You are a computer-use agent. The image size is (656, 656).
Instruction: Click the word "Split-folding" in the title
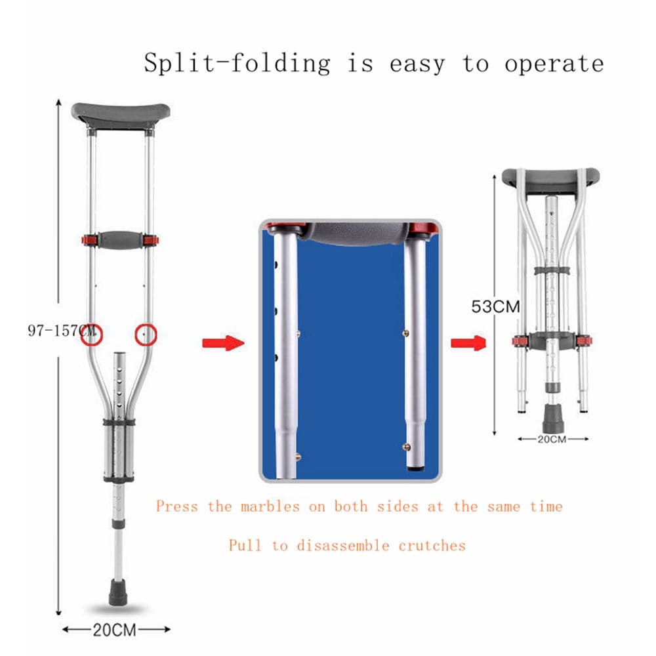tap(237, 64)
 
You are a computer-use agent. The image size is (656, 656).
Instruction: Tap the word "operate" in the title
tap(554, 64)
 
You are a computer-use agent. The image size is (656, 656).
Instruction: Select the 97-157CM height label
tap(62, 331)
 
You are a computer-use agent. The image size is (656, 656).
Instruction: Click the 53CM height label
tap(495, 306)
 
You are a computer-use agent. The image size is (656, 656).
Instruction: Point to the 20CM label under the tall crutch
tap(114, 630)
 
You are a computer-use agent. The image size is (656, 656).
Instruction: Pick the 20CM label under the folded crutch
tap(552, 440)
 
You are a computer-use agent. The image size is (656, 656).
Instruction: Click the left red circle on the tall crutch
tap(92, 335)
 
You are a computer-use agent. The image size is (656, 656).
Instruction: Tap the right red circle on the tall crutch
tap(146, 335)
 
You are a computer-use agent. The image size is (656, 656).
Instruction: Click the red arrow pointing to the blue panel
tap(223, 343)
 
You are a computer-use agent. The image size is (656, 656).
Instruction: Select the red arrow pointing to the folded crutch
tap(468, 343)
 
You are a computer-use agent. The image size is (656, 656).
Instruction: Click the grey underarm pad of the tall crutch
tap(121, 115)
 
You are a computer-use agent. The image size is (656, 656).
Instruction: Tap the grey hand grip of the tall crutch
tap(120, 240)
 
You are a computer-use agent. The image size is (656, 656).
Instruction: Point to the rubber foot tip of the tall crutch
tap(117, 592)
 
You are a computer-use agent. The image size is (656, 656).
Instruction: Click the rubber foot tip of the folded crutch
tap(552, 418)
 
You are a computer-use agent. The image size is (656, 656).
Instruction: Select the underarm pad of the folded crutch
tap(550, 180)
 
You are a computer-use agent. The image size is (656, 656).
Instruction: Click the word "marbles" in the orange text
tap(270, 506)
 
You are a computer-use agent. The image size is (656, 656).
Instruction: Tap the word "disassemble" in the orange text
tap(343, 546)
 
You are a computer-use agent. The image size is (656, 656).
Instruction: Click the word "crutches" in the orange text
tap(432, 546)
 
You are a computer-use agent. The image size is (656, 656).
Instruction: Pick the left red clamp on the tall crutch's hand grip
tap(89, 240)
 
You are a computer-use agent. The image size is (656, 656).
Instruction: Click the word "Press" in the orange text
tap(176, 506)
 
